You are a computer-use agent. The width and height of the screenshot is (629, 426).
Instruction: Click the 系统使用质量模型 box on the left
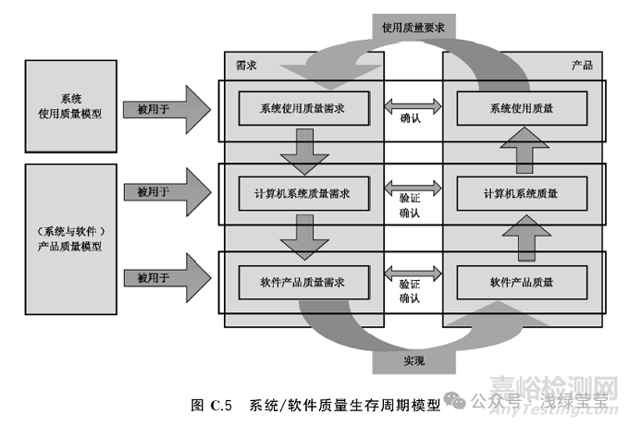[x=71, y=106]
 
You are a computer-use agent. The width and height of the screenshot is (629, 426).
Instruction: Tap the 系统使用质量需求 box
[x=304, y=108]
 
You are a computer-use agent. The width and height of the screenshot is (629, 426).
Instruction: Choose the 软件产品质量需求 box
[x=304, y=278]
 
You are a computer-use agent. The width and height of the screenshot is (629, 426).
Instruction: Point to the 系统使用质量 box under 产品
[x=522, y=108]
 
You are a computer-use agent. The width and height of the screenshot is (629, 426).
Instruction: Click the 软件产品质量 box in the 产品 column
[x=522, y=278]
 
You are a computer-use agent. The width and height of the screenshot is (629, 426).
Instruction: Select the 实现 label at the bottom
[x=413, y=359]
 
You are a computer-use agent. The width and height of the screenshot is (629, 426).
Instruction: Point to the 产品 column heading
[x=581, y=67]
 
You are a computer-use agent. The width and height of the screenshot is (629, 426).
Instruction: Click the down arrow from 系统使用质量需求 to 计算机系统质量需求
[x=304, y=151]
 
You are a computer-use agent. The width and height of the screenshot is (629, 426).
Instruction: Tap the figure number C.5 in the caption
[x=227, y=405]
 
